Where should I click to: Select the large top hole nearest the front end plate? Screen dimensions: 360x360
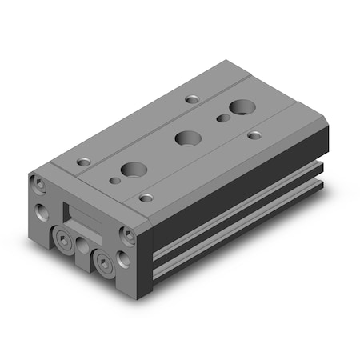tap(130, 169)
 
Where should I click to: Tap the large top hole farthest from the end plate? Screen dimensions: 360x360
tap(239, 106)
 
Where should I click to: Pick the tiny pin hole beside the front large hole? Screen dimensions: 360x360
tap(116, 182)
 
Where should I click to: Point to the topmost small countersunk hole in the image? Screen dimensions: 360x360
tap(192, 99)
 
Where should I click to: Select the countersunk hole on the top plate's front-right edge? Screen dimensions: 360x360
tap(146, 195)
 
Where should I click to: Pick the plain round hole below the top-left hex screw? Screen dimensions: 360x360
tap(42, 214)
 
